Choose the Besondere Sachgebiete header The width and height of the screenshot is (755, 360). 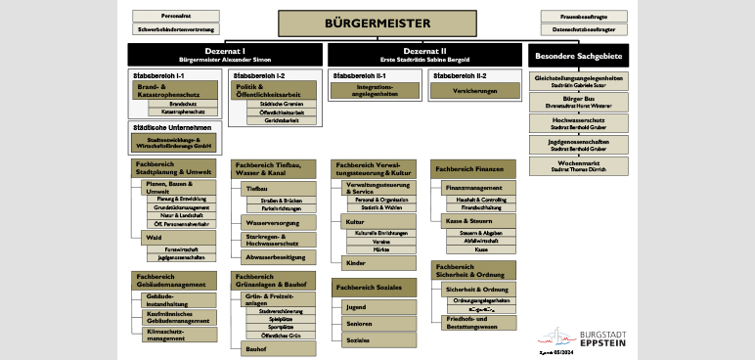pos(580,54)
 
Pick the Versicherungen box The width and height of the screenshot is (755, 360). pos(467,89)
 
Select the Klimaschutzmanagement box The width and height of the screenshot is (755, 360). pos(177,335)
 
